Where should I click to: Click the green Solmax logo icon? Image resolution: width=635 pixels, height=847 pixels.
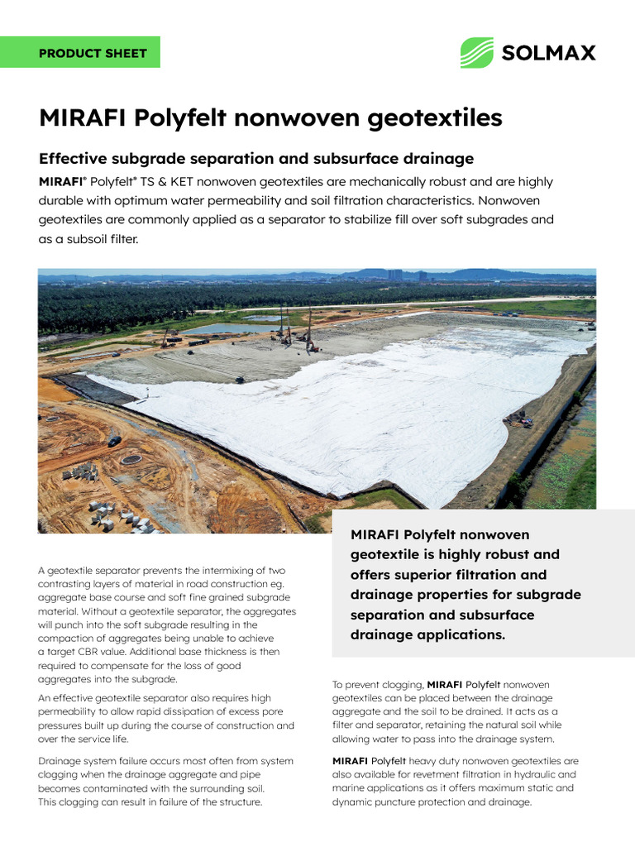point(476,52)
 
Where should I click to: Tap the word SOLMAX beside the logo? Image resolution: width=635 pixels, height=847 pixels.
point(548,53)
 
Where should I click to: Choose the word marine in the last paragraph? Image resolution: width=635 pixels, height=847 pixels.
point(351,788)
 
